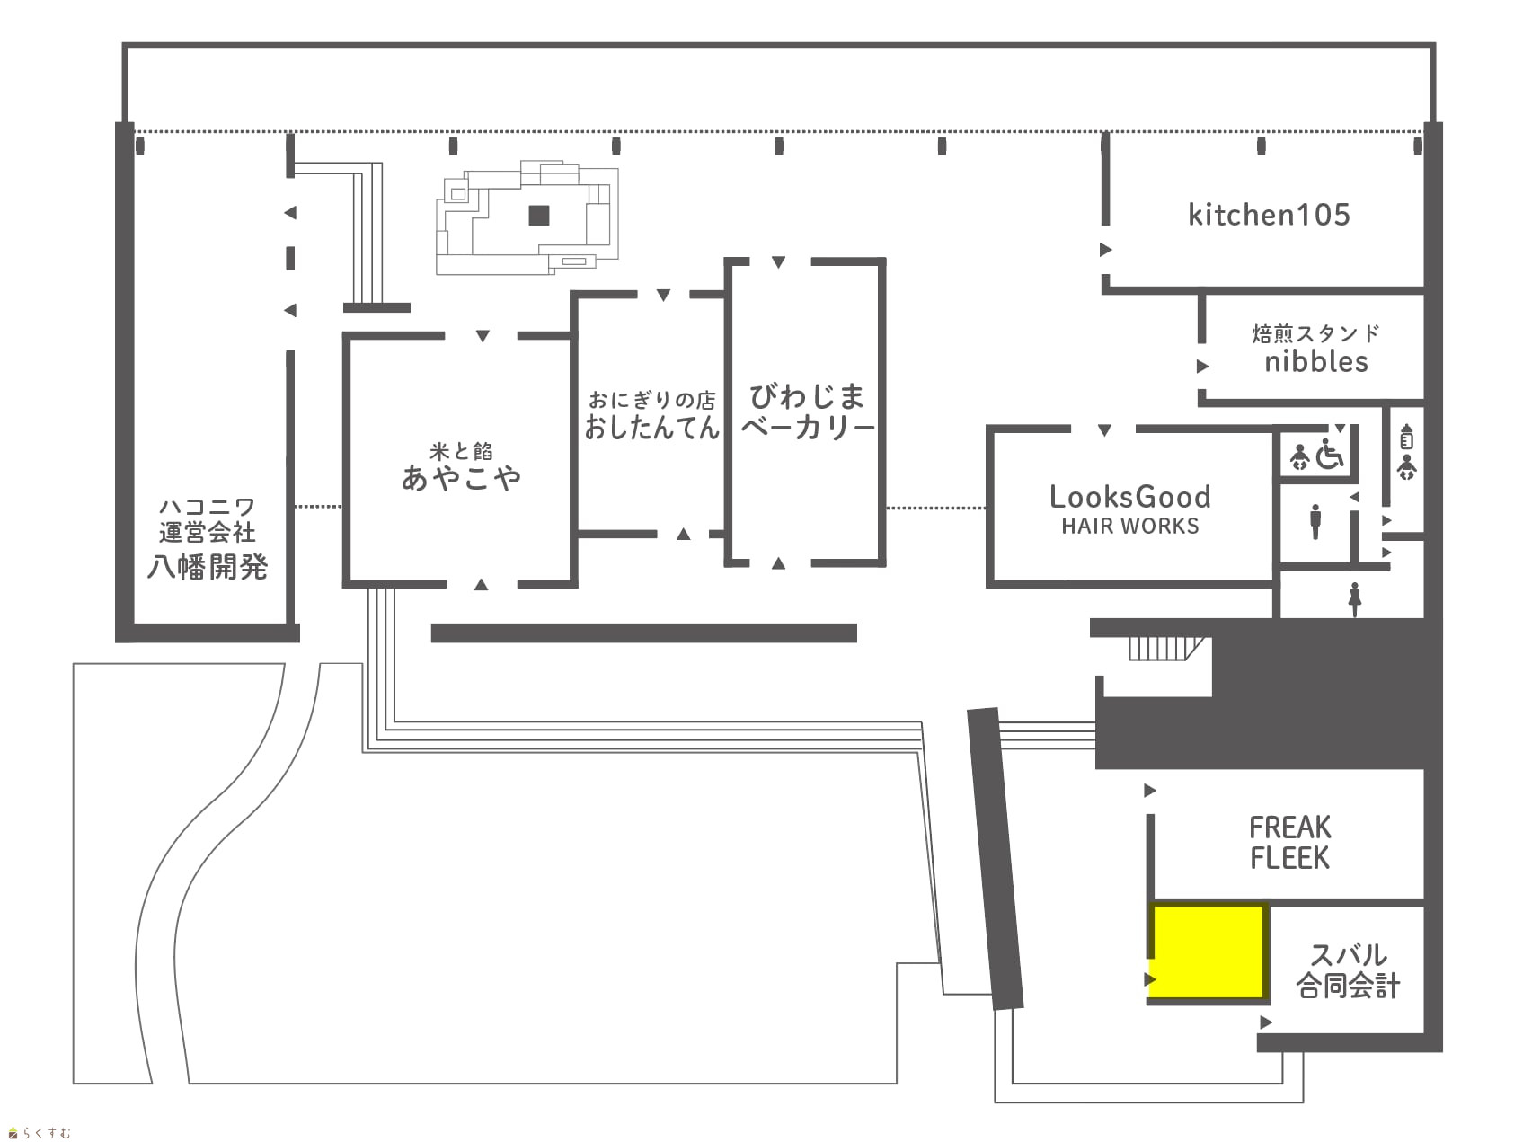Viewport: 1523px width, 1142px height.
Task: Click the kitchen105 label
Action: pyautogui.click(x=1269, y=215)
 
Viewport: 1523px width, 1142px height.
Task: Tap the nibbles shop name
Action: pyautogui.click(x=1316, y=361)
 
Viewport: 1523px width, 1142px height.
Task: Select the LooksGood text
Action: pyautogui.click(x=1130, y=497)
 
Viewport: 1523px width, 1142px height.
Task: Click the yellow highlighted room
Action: pyautogui.click(x=1209, y=952)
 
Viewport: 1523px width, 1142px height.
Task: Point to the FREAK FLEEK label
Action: pyautogui.click(x=1289, y=842)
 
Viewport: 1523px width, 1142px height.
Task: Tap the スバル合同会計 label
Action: pyautogui.click(x=1348, y=970)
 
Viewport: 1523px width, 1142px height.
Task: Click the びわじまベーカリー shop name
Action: pyautogui.click(x=807, y=411)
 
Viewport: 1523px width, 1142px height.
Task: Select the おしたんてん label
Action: pyautogui.click(x=652, y=427)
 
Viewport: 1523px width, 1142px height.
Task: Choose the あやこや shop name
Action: pyautogui.click(x=461, y=477)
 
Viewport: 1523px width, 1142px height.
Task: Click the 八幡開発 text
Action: pyautogui.click(x=208, y=567)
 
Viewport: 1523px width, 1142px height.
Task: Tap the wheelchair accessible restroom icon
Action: pyautogui.click(x=1330, y=454)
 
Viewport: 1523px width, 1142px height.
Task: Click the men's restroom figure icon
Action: pyautogui.click(x=1315, y=521)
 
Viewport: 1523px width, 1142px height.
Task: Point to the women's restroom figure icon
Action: pyautogui.click(x=1355, y=599)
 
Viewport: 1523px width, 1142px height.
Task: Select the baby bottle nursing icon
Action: pyautogui.click(x=1407, y=437)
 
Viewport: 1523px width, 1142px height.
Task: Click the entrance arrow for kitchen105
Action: pyautogui.click(x=1106, y=250)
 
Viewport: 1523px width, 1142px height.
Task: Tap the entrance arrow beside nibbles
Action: pyautogui.click(x=1203, y=367)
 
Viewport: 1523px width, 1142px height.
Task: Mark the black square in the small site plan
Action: pyautogui.click(x=539, y=216)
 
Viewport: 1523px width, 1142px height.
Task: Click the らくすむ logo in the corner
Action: pyautogui.click(x=40, y=1132)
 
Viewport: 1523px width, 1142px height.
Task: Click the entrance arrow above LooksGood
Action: pyautogui.click(x=1105, y=430)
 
